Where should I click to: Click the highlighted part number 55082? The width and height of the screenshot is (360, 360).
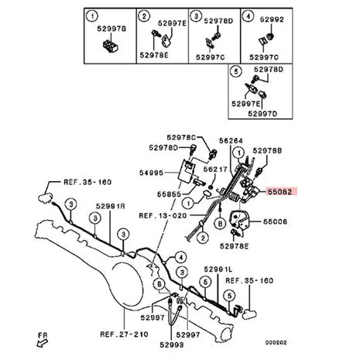[280, 192]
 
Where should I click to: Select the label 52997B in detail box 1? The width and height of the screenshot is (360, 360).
[111, 29]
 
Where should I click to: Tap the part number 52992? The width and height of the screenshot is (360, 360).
[272, 19]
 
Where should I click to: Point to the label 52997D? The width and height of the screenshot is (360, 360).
[262, 114]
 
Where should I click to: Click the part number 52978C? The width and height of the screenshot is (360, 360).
[181, 138]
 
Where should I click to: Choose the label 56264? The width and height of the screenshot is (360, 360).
[231, 141]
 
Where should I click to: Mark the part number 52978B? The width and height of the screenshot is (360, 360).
[267, 151]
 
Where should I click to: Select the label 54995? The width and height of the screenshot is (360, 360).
[151, 173]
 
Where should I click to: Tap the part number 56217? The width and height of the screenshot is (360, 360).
[215, 170]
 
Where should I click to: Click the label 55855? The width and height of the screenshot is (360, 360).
[169, 194]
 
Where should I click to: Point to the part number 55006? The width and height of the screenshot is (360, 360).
[275, 221]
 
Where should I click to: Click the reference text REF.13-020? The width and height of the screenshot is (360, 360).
[163, 215]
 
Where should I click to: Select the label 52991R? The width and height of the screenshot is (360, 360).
[111, 206]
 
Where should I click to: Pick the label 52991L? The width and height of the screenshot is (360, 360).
[218, 269]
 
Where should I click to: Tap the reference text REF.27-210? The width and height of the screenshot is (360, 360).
[124, 334]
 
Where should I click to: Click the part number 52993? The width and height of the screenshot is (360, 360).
[172, 345]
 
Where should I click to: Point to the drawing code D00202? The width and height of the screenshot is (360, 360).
[276, 343]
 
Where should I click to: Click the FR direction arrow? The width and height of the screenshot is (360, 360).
[43, 343]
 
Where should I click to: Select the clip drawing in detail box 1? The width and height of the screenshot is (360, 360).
[111, 46]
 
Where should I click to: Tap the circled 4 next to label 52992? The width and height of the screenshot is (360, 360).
[248, 16]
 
